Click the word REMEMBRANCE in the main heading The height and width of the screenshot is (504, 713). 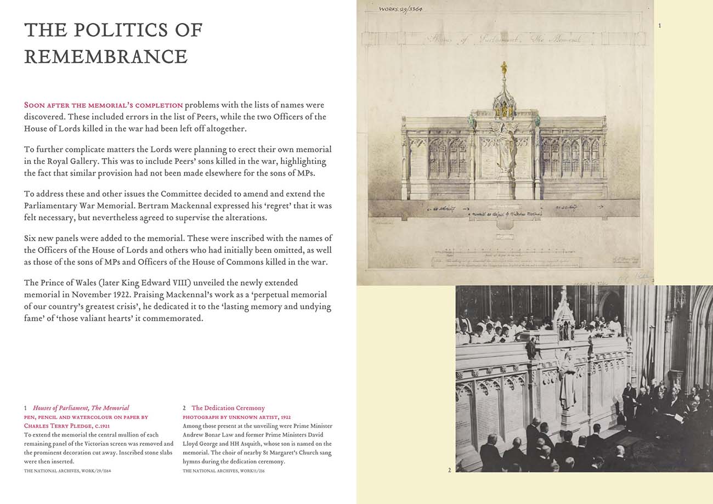(106, 57)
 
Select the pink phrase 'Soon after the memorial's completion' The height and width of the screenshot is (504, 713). (103, 105)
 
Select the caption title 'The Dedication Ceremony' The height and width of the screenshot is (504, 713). (228, 408)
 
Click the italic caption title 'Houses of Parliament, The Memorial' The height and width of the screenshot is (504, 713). (81, 408)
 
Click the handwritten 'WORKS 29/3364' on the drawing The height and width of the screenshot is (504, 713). (400, 9)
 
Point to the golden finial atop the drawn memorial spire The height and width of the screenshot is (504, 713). (503, 69)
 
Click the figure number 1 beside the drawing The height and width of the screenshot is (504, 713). (659, 26)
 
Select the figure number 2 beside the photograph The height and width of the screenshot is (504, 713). (449, 470)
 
